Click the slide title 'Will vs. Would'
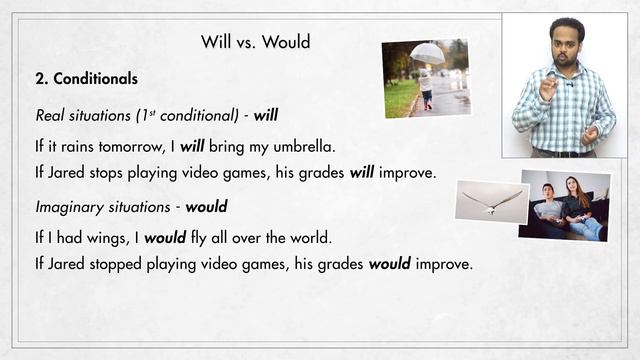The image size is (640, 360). (256, 42)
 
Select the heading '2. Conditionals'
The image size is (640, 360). (86, 78)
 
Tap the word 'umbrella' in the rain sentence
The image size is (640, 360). (302, 146)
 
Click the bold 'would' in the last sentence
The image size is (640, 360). (393, 266)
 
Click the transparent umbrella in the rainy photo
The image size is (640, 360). (427, 53)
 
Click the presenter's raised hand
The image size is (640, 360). (548, 87)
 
